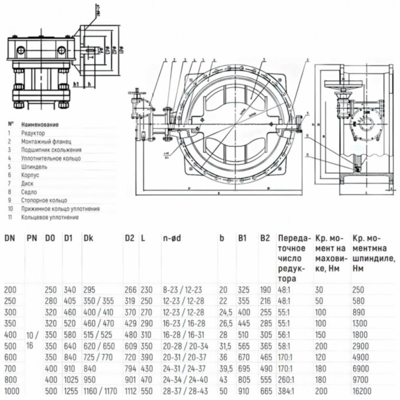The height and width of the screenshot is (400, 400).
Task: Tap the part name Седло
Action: pos(30,192)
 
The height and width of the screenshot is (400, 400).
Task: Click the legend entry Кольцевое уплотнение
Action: pos(50,218)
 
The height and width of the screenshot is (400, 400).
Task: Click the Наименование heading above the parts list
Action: pos(41,124)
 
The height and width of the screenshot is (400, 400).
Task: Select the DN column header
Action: pos(10,238)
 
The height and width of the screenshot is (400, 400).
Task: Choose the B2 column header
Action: pos(265,238)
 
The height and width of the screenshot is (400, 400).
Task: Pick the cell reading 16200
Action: pos(363,391)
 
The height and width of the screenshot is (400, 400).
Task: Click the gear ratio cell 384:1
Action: pos(287,391)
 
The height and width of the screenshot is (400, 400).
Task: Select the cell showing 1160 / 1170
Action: pos(99,391)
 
